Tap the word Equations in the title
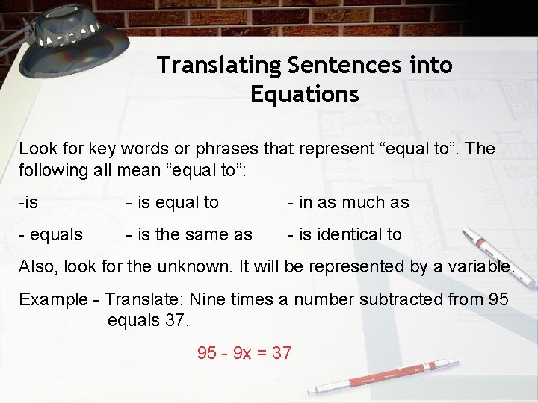tap(305, 95)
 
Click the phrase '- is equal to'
tap(172, 202)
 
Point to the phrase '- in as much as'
tap(348, 202)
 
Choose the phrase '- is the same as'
tap(189, 234)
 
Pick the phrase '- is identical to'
tap(344, 234)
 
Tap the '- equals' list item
tap(51, 234)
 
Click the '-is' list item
tap(28, 202)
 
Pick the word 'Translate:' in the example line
tap(144, 299)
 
